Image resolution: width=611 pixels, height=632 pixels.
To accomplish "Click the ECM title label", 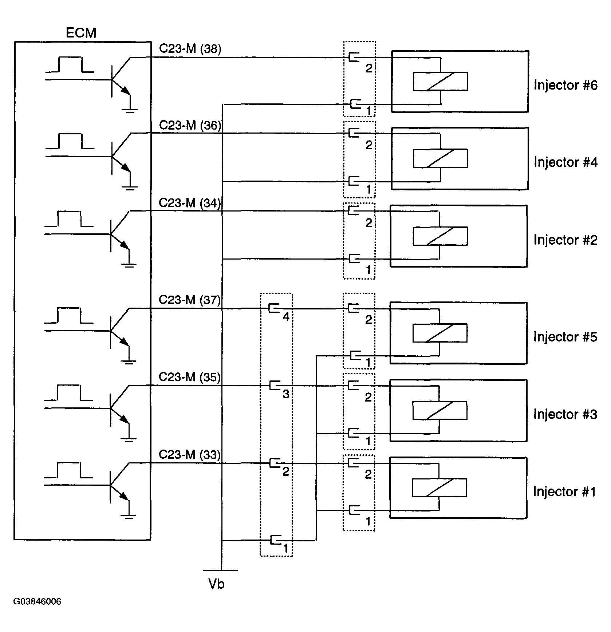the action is (x=81, y=33).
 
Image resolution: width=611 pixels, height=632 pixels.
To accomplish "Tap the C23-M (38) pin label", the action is (x=190, y=49).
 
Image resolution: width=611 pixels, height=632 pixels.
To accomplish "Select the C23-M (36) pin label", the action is (x=190, y=126).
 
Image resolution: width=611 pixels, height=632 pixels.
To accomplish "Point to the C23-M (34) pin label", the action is (x=190, y=203).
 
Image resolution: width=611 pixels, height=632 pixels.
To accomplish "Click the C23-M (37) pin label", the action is (x=190, y=300).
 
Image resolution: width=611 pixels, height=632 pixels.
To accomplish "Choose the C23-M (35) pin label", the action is (x=190, y=377).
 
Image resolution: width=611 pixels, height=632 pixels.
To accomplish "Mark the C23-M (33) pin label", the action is (x=190, y=455).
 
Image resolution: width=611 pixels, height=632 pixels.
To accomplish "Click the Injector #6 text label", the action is (x=565, y=85).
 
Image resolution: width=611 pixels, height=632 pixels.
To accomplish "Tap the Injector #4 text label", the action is (x=565, y=162).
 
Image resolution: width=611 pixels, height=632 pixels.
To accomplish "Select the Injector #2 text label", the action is (x=565, y=240).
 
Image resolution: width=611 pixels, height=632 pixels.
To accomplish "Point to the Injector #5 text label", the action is (x=565, y=337).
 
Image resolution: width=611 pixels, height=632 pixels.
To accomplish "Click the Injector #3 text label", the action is (x=565, y=414).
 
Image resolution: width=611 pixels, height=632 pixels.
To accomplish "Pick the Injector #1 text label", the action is (x=564, y=491).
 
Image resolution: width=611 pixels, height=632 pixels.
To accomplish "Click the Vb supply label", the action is (x=216, y=584).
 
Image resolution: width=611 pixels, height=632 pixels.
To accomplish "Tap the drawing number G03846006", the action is (x=37, y=601).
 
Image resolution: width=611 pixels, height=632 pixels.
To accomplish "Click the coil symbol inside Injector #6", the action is (x=440, y=82).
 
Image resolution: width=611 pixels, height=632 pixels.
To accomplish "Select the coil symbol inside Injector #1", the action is (x=439, y=487).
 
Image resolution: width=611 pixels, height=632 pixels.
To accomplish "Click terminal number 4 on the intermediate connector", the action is (x=286, y=317).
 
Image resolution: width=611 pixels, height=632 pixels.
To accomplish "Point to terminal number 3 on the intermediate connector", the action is (x=286, y=394).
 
